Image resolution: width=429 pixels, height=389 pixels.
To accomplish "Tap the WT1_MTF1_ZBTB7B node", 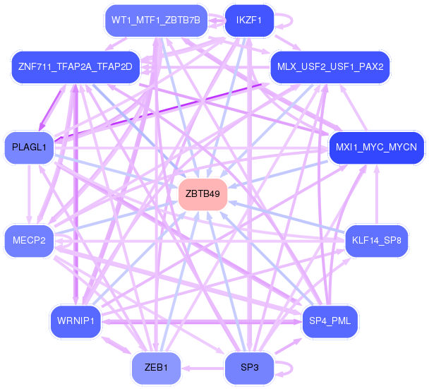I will [x=156, y=20].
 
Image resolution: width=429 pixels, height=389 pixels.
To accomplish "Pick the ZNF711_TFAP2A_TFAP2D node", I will [x=75, y=68].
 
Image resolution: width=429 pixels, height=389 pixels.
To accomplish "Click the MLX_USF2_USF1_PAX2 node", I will [x=330, y=68].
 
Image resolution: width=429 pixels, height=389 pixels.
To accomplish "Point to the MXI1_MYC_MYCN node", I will [x=376, y=148].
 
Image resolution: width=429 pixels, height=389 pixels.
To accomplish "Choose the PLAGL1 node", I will [x=29, y=148].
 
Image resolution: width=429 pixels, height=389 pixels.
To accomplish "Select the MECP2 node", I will [x=29, y=241].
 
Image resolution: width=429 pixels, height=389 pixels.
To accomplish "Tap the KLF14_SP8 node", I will [x=376, y=241].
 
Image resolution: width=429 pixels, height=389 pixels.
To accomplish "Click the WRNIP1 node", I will [x=75, y=321].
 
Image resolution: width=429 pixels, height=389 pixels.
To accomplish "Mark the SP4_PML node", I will [x=330, y=321].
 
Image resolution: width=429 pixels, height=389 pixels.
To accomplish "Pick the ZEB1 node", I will [x=156, y=368].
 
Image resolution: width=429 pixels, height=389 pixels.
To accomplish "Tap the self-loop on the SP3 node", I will [x=285, y=368].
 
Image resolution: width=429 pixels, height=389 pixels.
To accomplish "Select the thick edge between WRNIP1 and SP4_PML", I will [x=205, y=321].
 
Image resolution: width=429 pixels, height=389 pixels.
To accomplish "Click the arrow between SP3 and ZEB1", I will [x=202, y=368].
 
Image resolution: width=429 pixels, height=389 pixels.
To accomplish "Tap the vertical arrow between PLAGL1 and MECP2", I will [x=29, y=194].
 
